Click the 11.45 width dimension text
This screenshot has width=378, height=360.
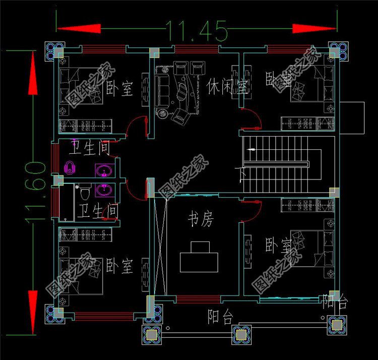click(x=193, y=31)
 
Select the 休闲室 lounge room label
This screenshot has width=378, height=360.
click(x=227, y=87)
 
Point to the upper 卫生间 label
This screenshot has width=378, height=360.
click(x=89, y=149)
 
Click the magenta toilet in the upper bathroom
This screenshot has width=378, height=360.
click(x=70, y=167)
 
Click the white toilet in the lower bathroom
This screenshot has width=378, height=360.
click(x=85, y=193)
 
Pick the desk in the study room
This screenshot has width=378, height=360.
click(x=200, y=259)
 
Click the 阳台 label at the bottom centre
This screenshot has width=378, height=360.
click(x=221, y=317)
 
